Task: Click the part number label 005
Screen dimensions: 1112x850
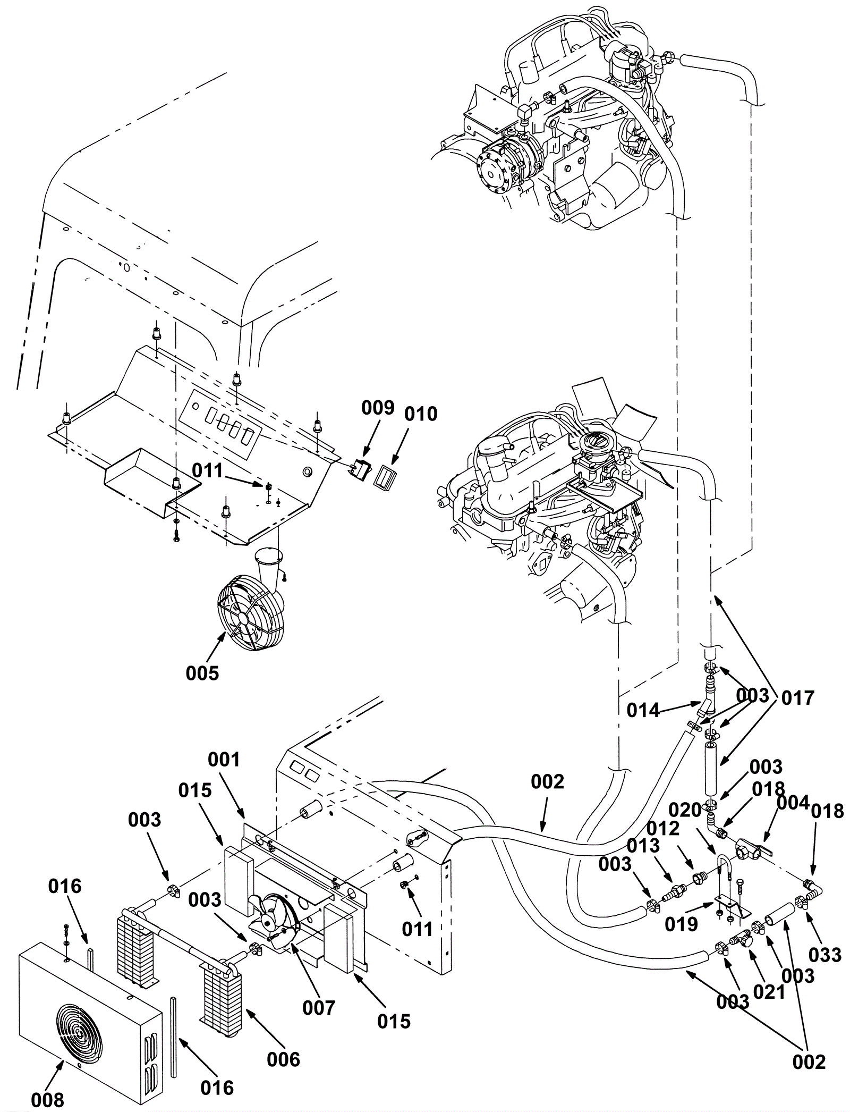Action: click(x=202, y=673)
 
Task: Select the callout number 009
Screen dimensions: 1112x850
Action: click(x=378, y=408)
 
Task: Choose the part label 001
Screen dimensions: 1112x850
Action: click(x=224, y=760)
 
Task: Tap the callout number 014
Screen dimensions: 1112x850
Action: click(x=643, y=710)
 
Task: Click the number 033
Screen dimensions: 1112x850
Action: click(x=826, y=955)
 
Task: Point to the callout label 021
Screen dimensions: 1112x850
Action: click(x=769, y=992)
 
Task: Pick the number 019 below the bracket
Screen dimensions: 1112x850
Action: click(x=682, y=924)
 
